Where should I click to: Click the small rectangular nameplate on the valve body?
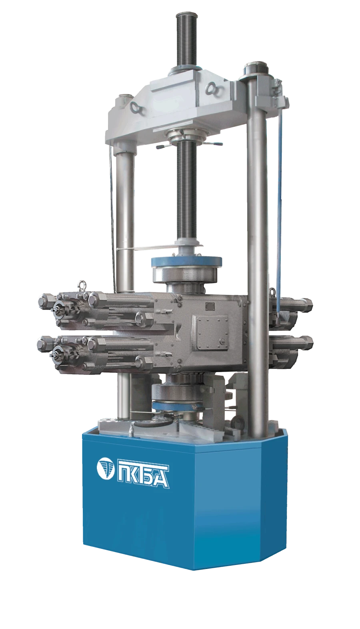coord(210,306)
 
